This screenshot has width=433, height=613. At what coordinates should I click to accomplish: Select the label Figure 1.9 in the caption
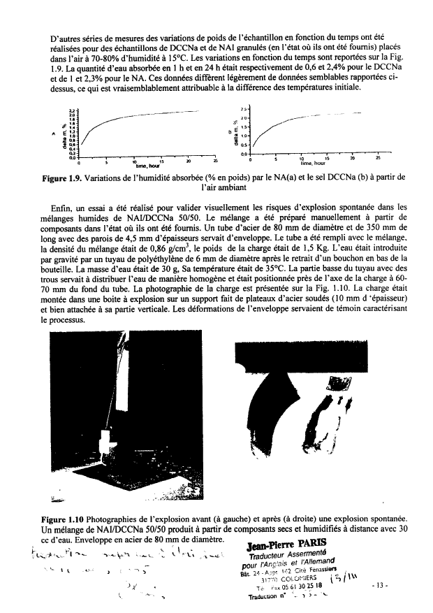tap(63, 178)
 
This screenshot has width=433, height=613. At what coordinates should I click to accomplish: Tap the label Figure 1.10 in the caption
tap(64, 519)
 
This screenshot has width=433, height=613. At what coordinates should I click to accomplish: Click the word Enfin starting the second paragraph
tap(61, 208)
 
